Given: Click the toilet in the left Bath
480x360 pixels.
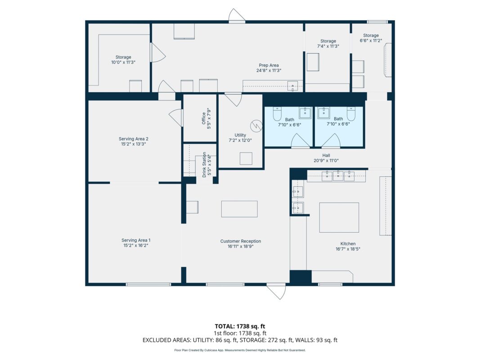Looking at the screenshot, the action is pos(277,113).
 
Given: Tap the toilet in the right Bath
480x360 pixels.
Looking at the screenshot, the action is pos(351,113).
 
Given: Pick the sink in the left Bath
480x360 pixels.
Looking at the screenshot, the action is pos(305,112).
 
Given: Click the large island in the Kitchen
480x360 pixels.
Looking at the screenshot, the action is pos(339,217).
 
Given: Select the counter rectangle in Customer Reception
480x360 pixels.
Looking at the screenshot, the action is pos(239,209).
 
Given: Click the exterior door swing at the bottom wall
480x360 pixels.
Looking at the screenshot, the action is pos(277,292).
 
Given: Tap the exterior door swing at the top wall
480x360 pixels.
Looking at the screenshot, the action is pos(236,15).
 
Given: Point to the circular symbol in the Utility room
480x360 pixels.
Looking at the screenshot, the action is pos(256,126).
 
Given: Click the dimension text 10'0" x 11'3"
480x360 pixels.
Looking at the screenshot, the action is pos(123,62).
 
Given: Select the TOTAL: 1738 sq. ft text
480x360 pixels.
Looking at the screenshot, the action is pos(240,326).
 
